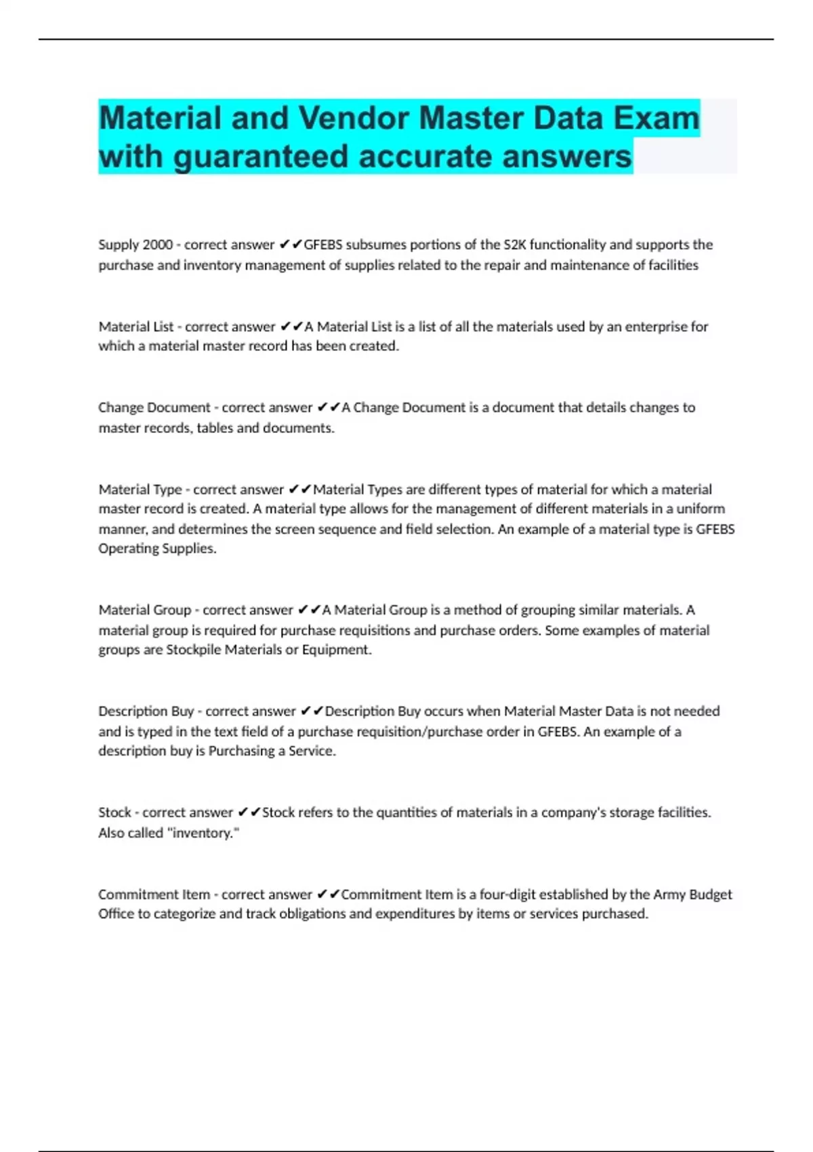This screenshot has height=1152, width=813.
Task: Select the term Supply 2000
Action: pos(135,245)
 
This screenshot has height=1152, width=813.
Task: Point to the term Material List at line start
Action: pos(136,327)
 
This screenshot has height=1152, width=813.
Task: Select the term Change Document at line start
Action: pos(154,407)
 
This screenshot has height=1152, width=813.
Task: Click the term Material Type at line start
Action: pos(140,489)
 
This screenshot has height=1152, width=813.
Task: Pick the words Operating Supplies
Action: pos(157,548)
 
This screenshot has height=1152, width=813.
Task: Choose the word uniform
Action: pos(701,509)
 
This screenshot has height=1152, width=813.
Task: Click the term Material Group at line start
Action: pos(145,610)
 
